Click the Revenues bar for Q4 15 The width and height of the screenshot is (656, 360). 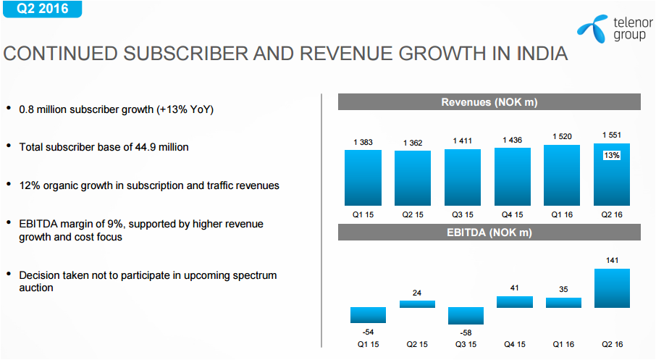click(x=513, y=177)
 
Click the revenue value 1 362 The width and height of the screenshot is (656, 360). click(x=413, y=143)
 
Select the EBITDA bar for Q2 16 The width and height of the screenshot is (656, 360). click(x=612, y=288)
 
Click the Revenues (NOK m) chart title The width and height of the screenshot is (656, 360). click(x=489, y=103)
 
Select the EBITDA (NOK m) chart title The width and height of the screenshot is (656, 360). click(x=489, y=233)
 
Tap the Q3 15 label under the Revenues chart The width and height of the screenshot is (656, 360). click(x=463, y=215)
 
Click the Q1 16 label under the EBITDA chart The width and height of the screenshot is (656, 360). click(x=563, y=344)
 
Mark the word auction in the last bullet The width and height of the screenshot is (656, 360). click(x=36, y=288)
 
